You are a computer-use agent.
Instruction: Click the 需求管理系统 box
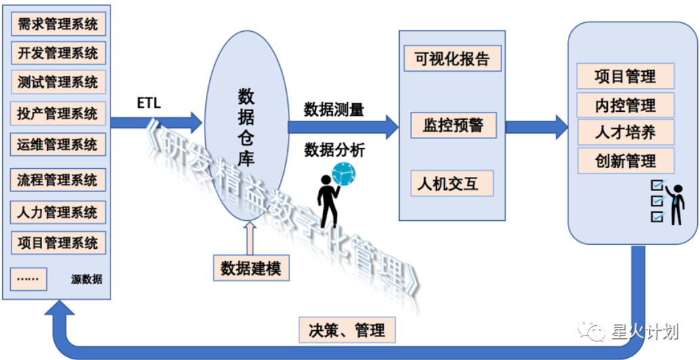(58, 25)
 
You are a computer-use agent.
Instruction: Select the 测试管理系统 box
(58, 82)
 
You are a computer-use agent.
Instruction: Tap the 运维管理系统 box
(58, 144)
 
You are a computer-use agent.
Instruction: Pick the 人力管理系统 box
(58, 212)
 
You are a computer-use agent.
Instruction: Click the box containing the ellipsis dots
(28, 278)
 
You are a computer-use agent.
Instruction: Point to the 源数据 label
(86, 279)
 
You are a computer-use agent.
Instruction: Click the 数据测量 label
(334, 109)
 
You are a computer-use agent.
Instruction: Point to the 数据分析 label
(334, 150)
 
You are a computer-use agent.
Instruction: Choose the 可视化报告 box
(452, 58)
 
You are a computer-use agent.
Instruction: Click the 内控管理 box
(625, 105)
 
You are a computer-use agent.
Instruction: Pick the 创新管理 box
(625, 161)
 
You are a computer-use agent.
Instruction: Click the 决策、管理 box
(347, 330)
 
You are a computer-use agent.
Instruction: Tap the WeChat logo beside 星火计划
(597, 331)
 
